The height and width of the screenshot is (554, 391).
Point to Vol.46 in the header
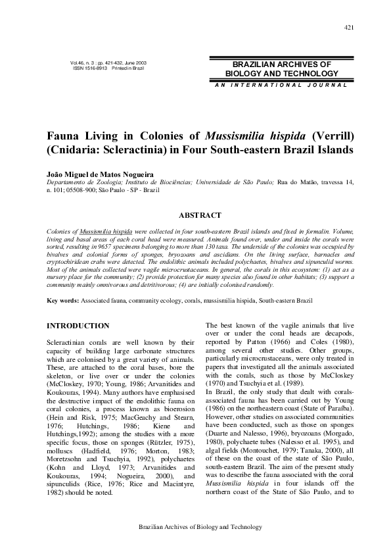pos(79,63)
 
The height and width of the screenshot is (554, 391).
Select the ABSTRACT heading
pos(200,215)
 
